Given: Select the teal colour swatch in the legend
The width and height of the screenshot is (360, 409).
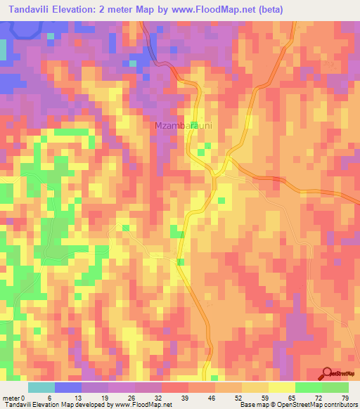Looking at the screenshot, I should (41, 387).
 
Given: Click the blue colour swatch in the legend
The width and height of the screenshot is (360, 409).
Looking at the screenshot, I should (67, 387).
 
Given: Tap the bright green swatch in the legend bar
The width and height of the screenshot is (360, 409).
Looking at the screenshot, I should (308, 387).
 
